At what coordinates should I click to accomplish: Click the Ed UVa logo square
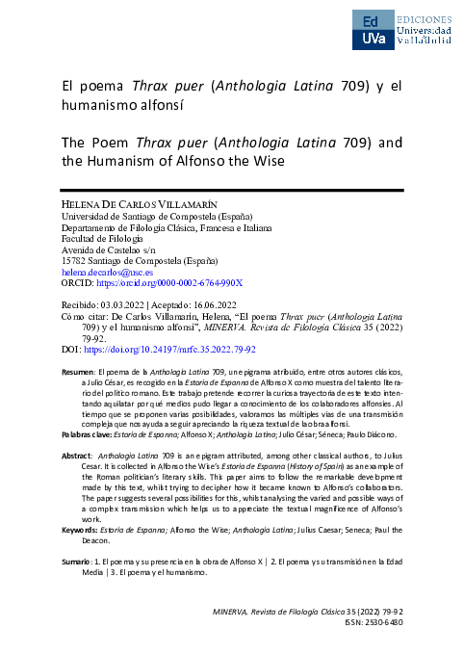pos(373,31)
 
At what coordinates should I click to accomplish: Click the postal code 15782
pos(63,260)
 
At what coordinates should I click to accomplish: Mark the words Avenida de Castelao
pos(88,249)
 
